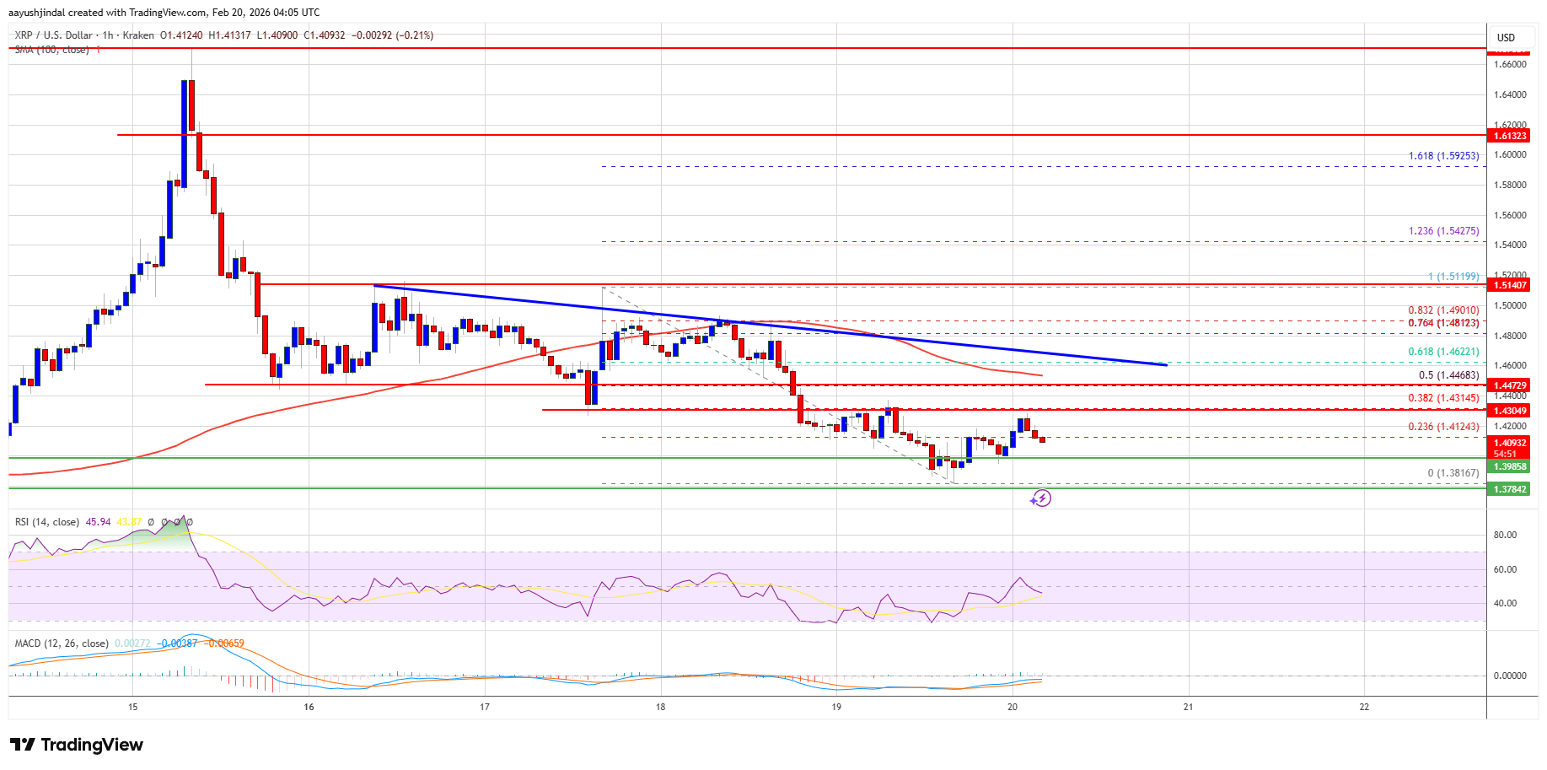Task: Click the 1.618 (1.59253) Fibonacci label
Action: pyautogui.click(x=1443, y=156)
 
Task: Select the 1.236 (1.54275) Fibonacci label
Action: pyautogui.click(x=1443, y=231)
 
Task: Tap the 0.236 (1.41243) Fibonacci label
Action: pyautogui.click(x=1443, y=427)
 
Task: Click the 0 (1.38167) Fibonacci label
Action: pyautogui.click(x=1453, y=473)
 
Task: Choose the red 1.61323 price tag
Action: pyautogui.click(x=1510, y=136)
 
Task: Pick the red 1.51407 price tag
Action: pyautogui.click(x=1510, y=285)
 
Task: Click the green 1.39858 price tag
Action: pyautogui.click(x=1510, y=466)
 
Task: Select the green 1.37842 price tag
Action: pyautogui.click(x=1510, y=489)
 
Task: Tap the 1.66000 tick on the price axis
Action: pyautogui.click(x=1509, y=64)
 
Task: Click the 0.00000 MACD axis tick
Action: pyautogui.click(x=1509, y=676)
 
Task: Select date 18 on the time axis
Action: pyautogui.click(x=661, y=707)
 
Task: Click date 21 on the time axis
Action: pyautogui.click(x=1188, y=707)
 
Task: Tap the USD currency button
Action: pyautogui.click(x=1506, y=37)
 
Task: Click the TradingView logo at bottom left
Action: pyautogui.click(x=77, y=745)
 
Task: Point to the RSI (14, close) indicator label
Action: pyautogui.click(x=47, y=522)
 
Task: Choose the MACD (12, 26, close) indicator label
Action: pyautogui.click(x=62, y=643)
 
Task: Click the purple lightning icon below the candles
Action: pyautogui.click(x=1040, y=498)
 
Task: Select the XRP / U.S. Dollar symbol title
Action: pyautogui.click(x=53, y=35)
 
